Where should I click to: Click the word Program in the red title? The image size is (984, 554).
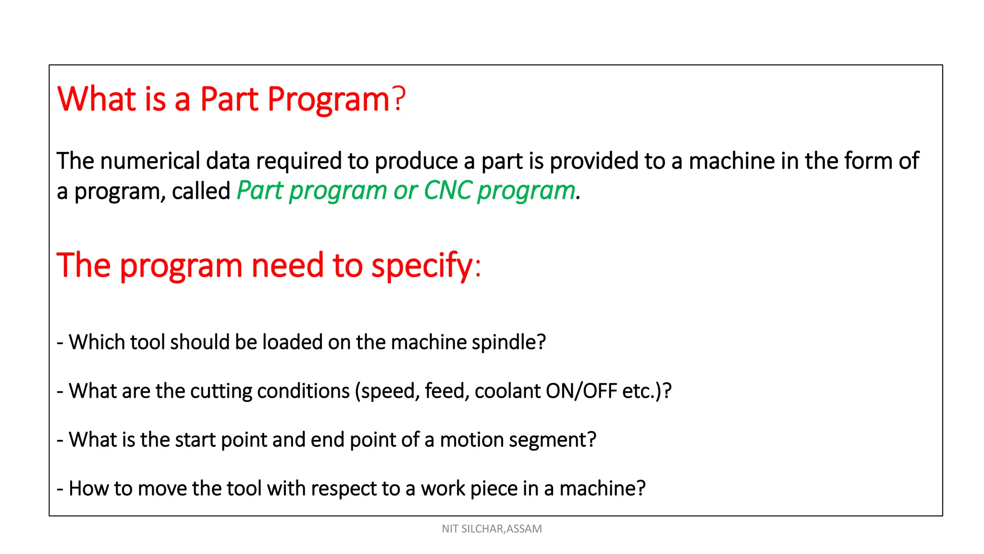click(x=328, y=100)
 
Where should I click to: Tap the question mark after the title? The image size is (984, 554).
click(x=399, y=99)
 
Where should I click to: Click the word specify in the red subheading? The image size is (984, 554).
click(x=422, y=266)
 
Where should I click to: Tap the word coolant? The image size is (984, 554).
click(x=507, y=391)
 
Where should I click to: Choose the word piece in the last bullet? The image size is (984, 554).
click(x=493, y=489)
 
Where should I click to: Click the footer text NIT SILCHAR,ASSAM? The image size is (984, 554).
click(x=492, y=529)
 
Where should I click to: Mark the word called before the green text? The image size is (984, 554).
click(x=201, y=191)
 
